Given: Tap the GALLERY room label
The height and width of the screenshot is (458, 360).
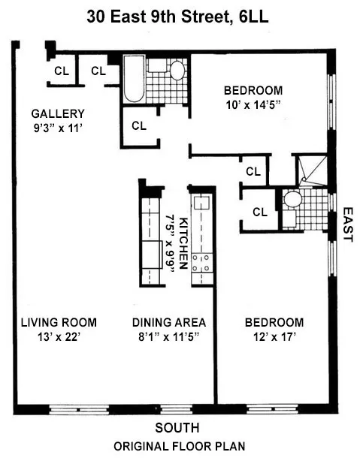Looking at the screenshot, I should [58, 113].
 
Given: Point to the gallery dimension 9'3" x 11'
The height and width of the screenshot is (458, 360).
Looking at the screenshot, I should [58, 128].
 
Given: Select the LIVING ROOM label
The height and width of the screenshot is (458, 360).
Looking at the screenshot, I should [57, 323].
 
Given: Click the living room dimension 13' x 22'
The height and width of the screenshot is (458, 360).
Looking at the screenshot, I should [57, 337].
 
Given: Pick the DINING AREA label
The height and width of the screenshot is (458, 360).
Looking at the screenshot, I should [169, 323].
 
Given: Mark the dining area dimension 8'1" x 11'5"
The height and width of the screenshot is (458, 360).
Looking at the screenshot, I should [169, 337].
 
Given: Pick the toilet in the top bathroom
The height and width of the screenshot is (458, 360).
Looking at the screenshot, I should [177, 72].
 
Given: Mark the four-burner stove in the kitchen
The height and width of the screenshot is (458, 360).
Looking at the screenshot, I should [202, 263].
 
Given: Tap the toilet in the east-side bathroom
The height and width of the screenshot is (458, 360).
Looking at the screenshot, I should [291, 201].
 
